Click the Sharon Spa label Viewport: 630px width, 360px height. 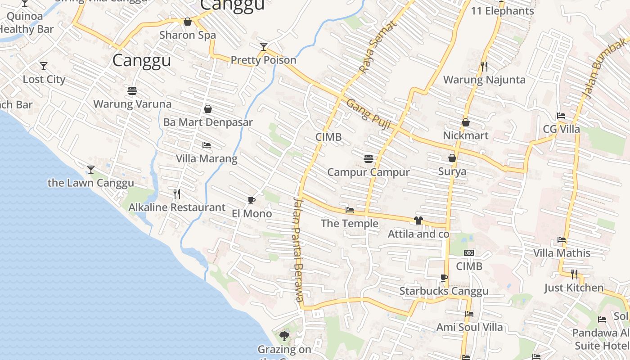point(188,35)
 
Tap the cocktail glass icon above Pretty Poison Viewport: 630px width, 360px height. point(264,46)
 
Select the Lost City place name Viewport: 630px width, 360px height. point(44,80)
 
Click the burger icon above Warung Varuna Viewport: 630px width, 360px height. point(132,91)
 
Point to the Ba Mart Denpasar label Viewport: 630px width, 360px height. point(208,122)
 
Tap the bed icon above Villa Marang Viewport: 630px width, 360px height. point(207,145)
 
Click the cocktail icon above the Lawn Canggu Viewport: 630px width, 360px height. point(91,170)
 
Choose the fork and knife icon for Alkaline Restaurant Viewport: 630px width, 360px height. point(177,194)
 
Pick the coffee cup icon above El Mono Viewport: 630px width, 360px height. point(252,200)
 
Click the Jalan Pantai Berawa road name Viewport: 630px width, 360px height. point(298,250)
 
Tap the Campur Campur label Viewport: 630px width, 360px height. point(369,172)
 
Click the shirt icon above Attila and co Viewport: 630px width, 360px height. point(418,220)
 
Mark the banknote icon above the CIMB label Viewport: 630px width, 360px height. point(469,253)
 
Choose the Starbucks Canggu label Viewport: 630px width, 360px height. point(444,291)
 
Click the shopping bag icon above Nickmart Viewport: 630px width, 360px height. point(466,122)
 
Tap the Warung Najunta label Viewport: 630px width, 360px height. point(484,80)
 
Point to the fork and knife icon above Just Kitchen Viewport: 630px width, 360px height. point(574,274)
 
